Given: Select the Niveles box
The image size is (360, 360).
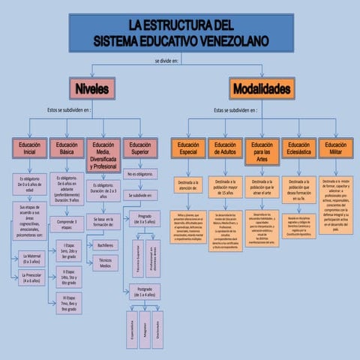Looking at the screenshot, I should coord(92,89).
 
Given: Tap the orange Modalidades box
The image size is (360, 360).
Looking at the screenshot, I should coord(262,89).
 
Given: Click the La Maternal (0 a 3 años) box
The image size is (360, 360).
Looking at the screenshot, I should coord(31,259).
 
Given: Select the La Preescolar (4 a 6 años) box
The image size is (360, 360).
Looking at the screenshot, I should coord(31,278).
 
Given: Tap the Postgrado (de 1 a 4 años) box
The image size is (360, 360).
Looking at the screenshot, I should coord(141,292).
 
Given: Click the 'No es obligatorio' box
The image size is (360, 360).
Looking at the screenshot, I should coord(140,175).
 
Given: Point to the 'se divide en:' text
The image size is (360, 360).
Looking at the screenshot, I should coord(166,60).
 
